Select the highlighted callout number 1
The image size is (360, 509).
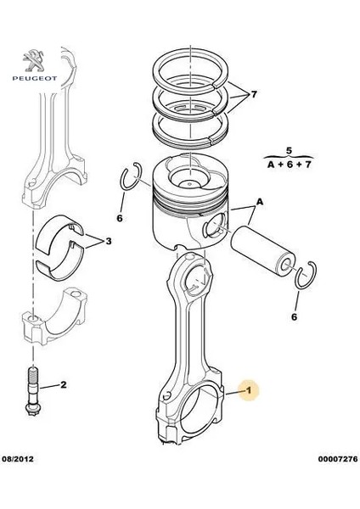click(249, 391)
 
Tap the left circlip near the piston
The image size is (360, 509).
click(128, 179)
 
